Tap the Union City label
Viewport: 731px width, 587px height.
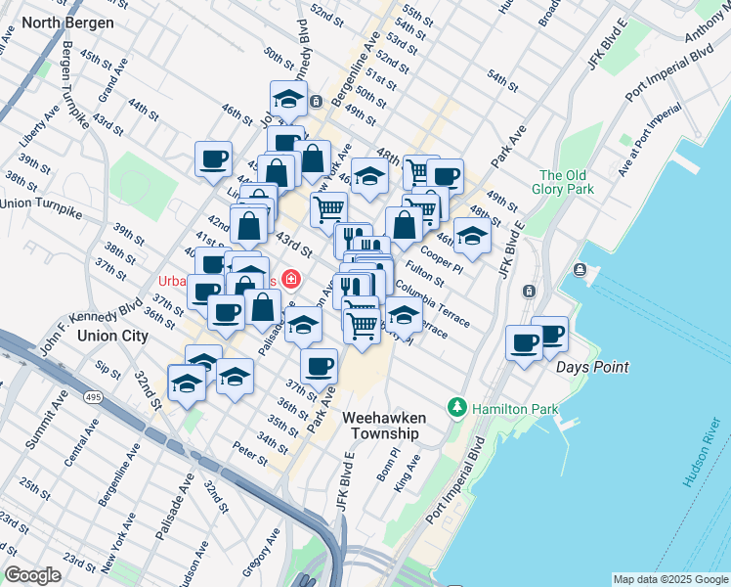tap(112, 336)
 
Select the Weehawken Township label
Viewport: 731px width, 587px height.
tap(381, 425)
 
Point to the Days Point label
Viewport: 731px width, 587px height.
tap(592, 367)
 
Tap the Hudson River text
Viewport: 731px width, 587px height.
tap(702, 451)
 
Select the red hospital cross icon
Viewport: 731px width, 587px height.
tap(289, 280)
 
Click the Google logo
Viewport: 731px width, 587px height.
tap(33, 574)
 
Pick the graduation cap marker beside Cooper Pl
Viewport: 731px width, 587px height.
tap(472, 237)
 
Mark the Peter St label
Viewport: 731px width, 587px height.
tap(250, 453)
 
